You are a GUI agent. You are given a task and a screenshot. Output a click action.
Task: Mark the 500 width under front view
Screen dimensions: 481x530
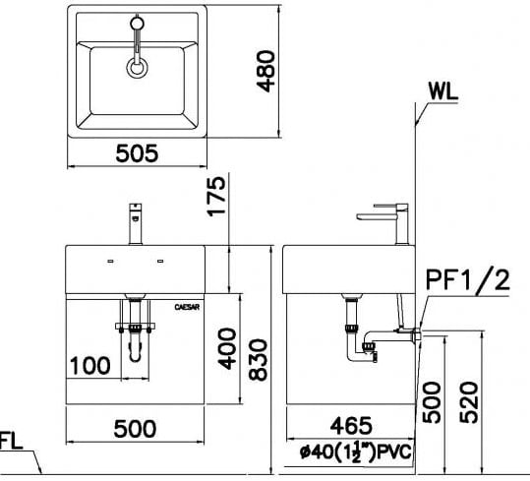[134, 428]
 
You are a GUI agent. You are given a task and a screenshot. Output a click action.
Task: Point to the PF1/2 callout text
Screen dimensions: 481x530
[468, 283]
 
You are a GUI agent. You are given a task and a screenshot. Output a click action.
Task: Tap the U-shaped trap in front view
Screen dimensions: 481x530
[136, 343]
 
